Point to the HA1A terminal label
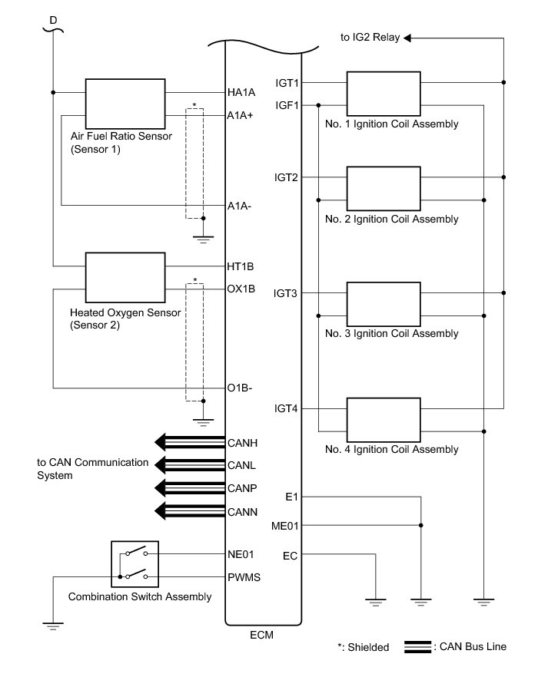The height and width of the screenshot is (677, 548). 241,92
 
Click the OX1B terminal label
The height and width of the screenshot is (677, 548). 241,289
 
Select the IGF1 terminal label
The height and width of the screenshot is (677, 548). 287,105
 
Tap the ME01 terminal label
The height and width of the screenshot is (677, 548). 285,526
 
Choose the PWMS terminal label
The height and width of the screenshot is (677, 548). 244,577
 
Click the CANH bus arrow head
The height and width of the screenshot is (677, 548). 160,442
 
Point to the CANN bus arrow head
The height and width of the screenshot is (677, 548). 160,511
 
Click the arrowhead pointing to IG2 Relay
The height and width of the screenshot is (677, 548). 407,38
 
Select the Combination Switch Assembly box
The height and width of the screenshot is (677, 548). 135,564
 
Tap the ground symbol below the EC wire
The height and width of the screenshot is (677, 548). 376,602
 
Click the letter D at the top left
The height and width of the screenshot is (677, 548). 53,20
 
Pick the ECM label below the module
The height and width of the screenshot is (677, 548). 261,635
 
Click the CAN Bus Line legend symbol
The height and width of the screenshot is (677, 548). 417,647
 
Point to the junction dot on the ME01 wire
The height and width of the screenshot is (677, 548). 421,526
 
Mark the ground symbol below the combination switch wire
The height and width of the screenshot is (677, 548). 53,626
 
